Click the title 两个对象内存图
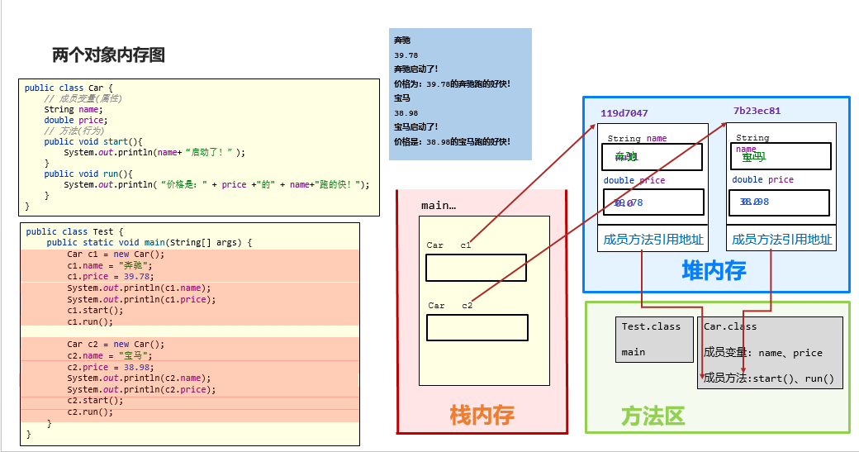tap(108, 55)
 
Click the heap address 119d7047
tap(624, 113)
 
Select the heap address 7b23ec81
tap(757, 111)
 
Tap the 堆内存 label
tap(714, 270)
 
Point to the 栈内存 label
tap(482, 415)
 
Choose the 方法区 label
tap(653, 416)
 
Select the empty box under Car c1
tap(476, 268)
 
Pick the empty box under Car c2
tap(477, 327)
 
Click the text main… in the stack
tap(438, 205)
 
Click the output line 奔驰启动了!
tap(415, 69)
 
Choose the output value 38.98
tap(406, 112)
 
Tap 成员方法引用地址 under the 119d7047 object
tap(653, 240)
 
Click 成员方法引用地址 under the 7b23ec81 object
tap(781, 240)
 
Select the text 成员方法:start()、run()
tap(768, 379)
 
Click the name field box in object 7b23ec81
tap(781, 156)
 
